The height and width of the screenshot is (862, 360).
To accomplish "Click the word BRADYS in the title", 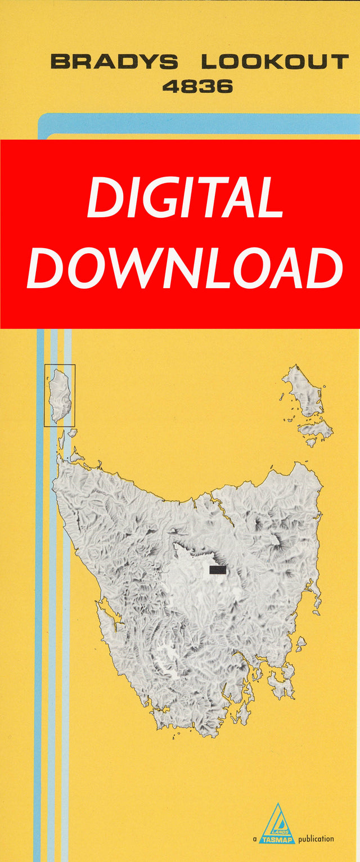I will [x=114, y=61].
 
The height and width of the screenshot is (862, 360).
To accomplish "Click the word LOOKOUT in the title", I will [x=274, y=61].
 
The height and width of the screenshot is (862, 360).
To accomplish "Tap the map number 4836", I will [x=197, y=87].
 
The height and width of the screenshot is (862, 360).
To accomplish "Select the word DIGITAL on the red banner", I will [x=185, y=198].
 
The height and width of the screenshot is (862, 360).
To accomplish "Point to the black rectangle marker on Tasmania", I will [x=218, y=570].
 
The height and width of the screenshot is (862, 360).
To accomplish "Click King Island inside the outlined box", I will [x=59, y=394].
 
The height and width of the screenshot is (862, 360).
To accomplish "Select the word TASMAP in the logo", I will [x=277, y=839].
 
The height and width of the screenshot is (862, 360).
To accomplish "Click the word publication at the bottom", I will [x=316, y=839].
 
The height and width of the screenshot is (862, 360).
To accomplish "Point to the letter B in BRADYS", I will [x=60, y=61].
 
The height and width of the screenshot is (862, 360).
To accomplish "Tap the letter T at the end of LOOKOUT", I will [x=339, y=61].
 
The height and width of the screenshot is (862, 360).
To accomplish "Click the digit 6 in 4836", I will [x=224, y=87].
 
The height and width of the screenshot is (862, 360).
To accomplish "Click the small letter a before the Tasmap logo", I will [x=255, y=839].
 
